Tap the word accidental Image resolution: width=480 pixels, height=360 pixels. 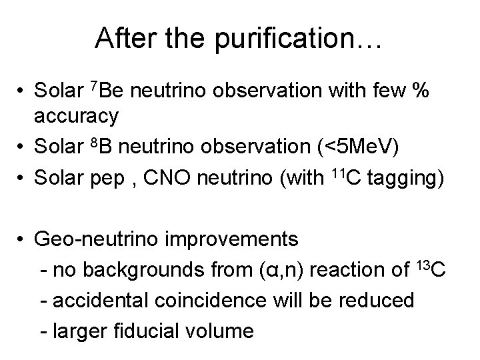tap(95, 300)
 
